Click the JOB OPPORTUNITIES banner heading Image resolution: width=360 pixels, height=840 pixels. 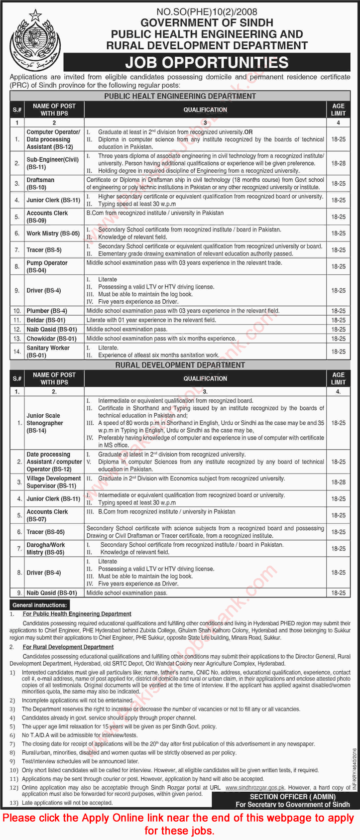207,62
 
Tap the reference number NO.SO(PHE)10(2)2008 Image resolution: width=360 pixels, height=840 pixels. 207,10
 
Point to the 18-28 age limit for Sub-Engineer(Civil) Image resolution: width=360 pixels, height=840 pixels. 338,163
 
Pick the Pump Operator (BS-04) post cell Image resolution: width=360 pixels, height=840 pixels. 47,266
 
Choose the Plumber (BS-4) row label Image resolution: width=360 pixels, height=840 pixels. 47,311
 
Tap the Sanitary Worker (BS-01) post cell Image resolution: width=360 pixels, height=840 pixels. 48,352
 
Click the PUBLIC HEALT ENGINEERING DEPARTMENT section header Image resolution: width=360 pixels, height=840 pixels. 180,96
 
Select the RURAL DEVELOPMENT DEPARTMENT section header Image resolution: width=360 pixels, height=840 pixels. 180,365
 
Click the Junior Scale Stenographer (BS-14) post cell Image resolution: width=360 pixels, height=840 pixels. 45,423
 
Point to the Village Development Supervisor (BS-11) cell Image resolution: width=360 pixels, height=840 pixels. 54,482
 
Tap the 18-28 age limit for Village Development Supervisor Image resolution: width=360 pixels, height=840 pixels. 338,482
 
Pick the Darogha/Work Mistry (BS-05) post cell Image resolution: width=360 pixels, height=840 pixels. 46,549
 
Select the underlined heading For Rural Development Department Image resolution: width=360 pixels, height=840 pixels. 68,647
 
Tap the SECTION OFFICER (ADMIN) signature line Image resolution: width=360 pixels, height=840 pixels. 286,797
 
